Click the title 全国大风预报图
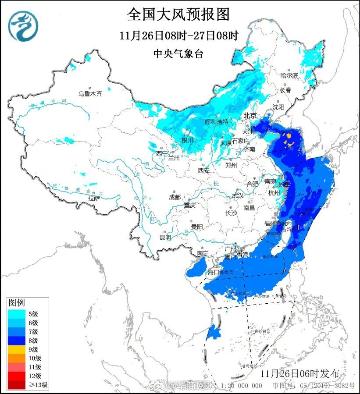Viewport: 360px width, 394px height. point(178,14)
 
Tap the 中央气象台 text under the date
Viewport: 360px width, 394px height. point(178,53)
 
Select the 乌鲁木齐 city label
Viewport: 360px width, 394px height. point(90,93)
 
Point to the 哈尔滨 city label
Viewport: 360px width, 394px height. point(289,76)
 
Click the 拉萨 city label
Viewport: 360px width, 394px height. point(94,198)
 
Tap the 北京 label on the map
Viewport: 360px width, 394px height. point(250,116)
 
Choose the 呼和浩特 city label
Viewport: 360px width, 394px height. point(217,122)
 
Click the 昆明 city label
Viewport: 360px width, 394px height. point(165,237)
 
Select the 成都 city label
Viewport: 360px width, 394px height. point(175,197)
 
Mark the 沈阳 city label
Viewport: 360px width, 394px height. point(278,107)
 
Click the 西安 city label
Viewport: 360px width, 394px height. point(204,170)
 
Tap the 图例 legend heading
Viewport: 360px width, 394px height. point(17,302)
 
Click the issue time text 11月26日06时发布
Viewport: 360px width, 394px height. point(299,373)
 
